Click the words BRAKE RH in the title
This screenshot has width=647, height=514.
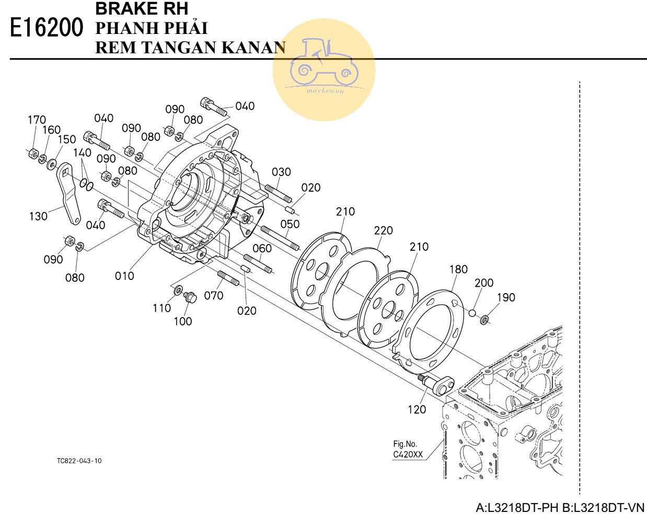[142, 9]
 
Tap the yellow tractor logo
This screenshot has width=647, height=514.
[324, 69]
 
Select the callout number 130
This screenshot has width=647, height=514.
[38, 216]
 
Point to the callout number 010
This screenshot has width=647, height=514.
[124, 275]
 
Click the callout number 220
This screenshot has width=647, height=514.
[383, 230]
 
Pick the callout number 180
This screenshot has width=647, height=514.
[458, 269]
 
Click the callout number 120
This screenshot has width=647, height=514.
[417, 410]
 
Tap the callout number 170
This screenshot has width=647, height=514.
[37, 120]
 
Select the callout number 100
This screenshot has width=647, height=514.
[182, 321]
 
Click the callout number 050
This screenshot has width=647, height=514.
[290, 224]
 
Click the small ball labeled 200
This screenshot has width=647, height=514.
[471, 313]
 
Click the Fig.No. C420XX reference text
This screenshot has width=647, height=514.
[408, 449]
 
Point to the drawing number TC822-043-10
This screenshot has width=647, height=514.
[79, 461]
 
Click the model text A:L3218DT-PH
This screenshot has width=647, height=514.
[517, 507]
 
